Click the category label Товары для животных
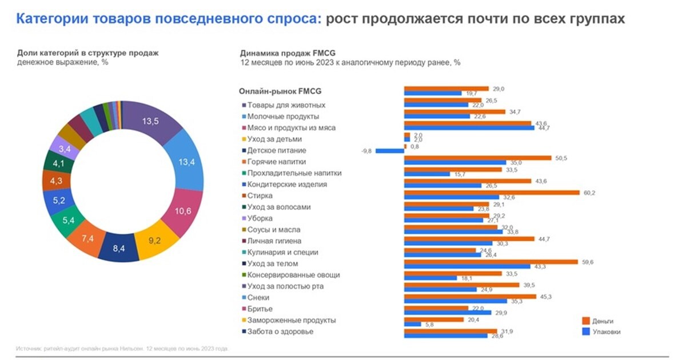click(286, 105)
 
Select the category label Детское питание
click(277, 150)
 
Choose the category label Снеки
click(258, 298)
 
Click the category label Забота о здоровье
click(280, 331)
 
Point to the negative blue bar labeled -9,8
click(390, 151)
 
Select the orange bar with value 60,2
click(492, 193)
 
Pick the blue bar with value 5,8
click(412, 325)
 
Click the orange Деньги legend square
click(586, 321)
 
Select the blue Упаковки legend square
click(586, 331)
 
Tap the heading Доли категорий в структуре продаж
click(87, 53)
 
